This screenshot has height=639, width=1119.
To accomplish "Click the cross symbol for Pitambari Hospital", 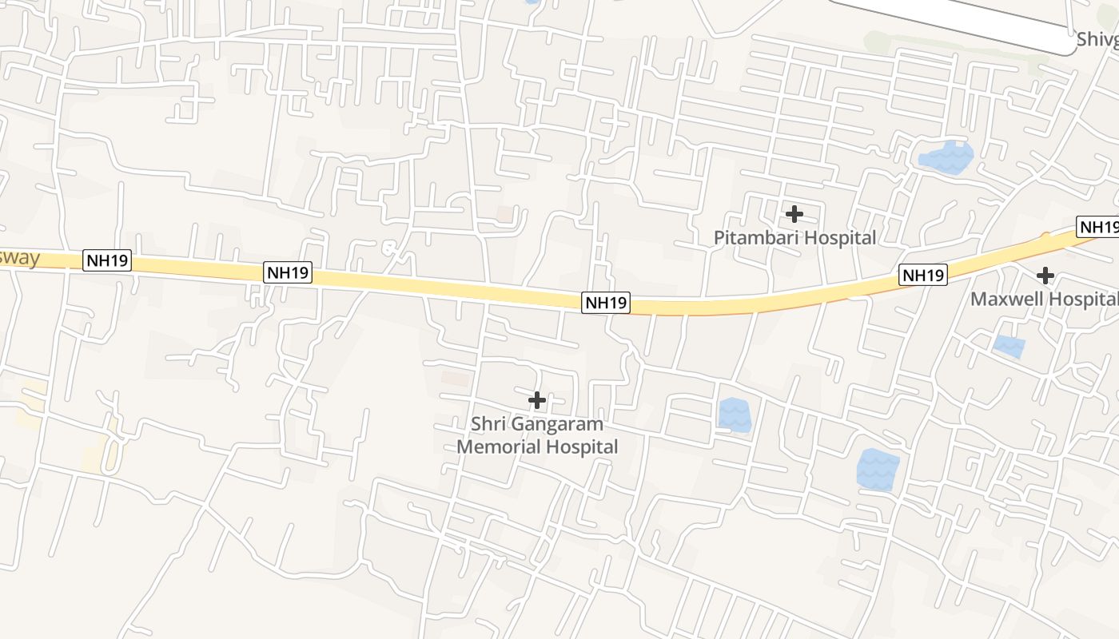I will point(794,214).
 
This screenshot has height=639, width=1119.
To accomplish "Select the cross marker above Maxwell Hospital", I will point(1045,276).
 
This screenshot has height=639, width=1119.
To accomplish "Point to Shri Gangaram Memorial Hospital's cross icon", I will point(537,400).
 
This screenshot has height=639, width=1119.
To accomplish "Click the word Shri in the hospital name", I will point(487,424).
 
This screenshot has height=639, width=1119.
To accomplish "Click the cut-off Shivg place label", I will point(1097,39).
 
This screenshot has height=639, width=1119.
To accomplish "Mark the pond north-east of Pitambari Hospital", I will point(946,156).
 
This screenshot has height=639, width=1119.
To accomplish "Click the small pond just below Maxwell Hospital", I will point(1009,347).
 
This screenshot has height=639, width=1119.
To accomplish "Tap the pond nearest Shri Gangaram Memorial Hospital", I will point(734,415).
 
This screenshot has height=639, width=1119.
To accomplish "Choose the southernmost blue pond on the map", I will point(878,470).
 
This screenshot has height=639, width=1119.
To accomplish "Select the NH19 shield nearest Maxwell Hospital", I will point(923,276).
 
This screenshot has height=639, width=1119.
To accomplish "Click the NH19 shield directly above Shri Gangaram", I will point(606,303).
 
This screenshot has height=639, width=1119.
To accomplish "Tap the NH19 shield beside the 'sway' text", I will point(106,261).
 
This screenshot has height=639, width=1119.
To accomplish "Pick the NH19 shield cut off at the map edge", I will point(1098,227).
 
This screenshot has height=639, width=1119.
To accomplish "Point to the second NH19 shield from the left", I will point(288,273).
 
